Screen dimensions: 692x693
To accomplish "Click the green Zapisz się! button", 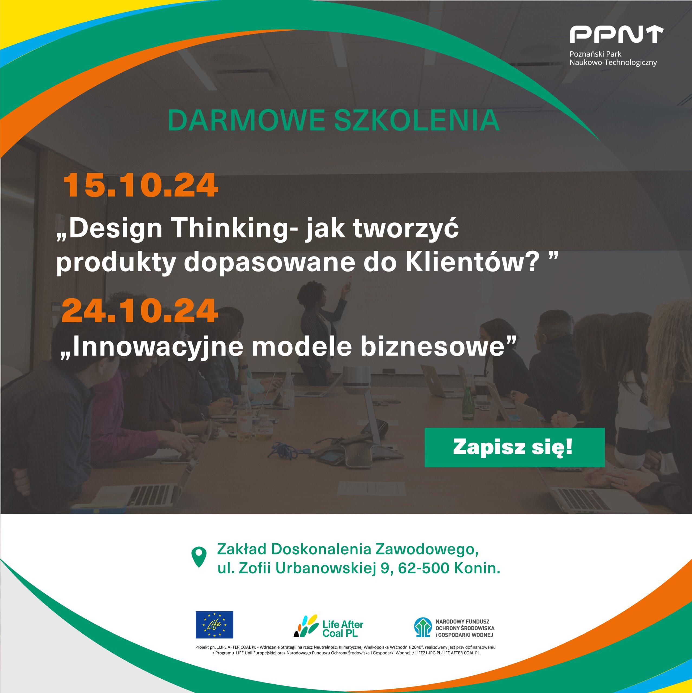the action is click(x=514, y=447).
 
